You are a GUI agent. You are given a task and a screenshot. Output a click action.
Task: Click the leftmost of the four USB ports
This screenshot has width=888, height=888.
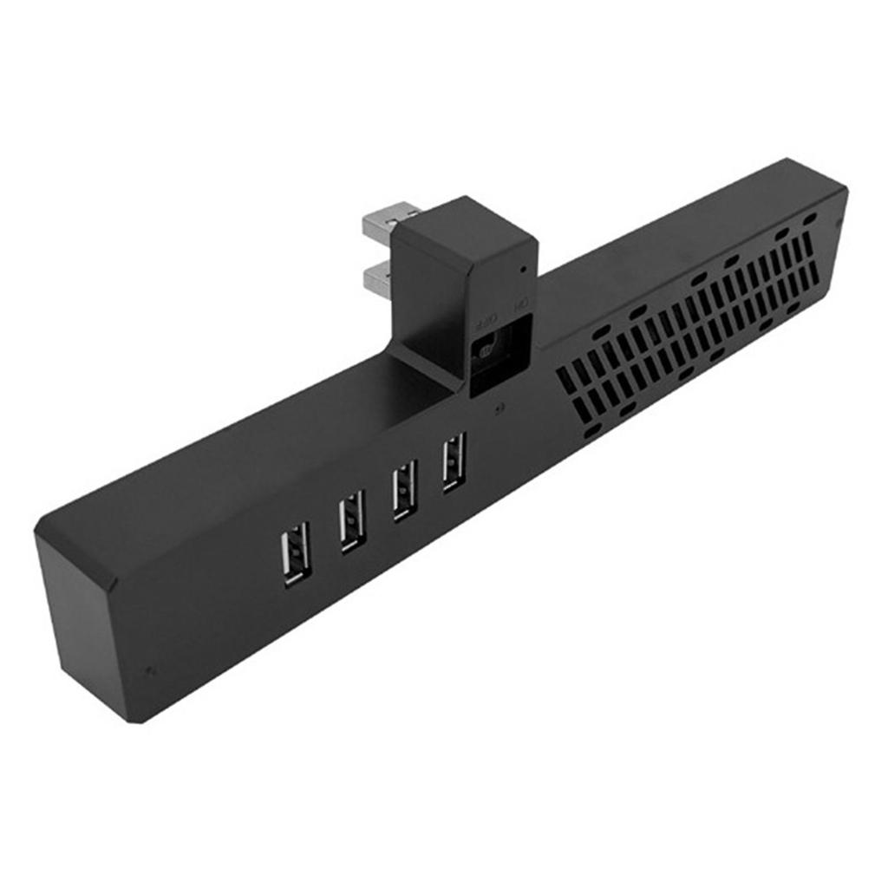click(295, 557)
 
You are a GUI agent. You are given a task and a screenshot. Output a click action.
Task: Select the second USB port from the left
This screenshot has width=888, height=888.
click(350, 521)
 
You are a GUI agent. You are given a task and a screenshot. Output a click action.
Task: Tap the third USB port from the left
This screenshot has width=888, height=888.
click(404, 490)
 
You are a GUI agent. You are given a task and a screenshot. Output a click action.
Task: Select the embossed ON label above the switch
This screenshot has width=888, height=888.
click(521, 305)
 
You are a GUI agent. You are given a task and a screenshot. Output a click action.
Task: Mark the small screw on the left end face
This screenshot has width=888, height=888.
click(153, 669)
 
